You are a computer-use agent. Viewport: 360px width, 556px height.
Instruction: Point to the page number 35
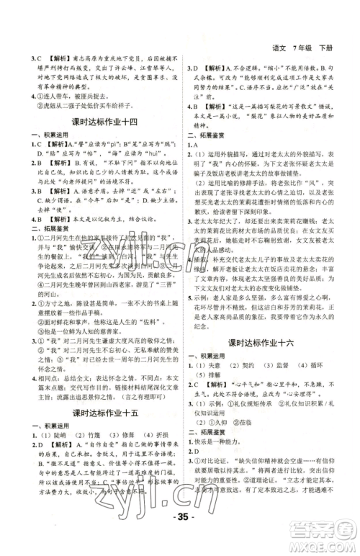coord(180,537)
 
